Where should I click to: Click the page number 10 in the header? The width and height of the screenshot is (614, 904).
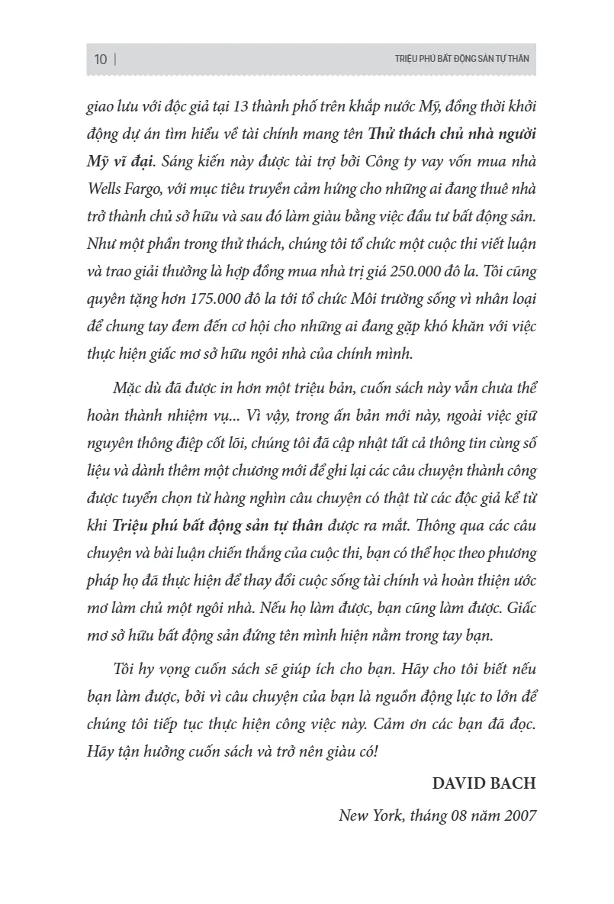pos(101,60)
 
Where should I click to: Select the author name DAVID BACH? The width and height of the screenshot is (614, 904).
pos(484,783)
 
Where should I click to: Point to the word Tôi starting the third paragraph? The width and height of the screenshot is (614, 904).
pos(123,669)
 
